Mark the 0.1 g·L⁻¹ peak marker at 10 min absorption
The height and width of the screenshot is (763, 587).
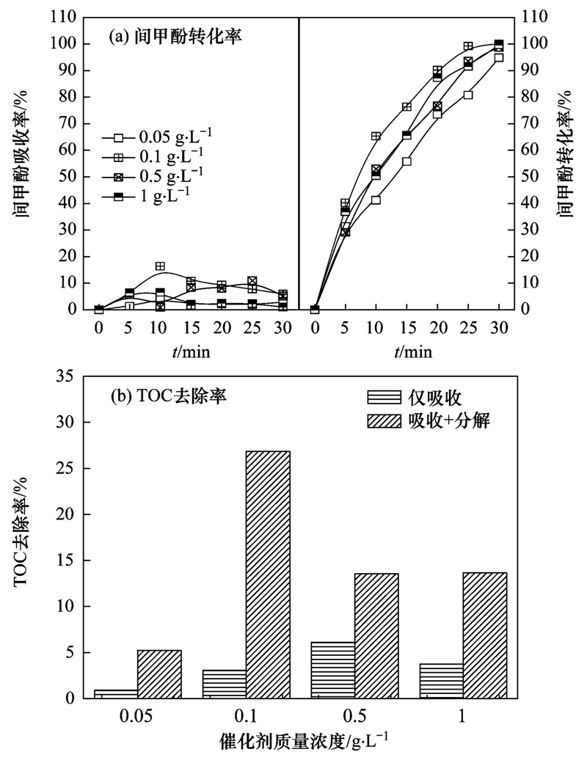pos(160,266)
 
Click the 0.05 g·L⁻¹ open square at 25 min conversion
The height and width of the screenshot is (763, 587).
pos(468,95)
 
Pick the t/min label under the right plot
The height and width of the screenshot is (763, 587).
pos(413,352)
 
